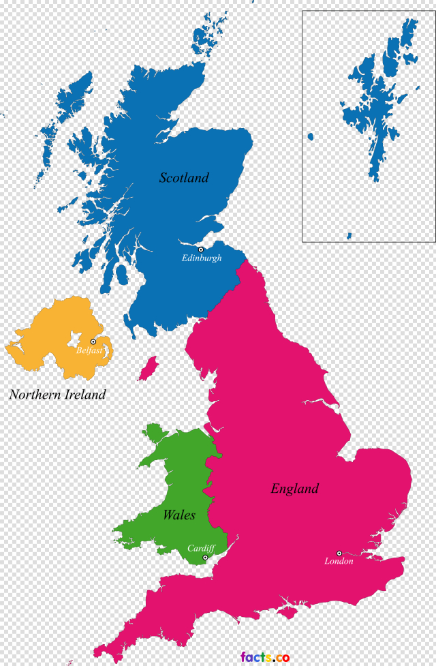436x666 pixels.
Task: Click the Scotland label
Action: tap(184, 178)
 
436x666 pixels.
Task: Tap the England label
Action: tap(294, 489)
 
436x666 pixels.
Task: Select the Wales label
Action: tap(178, 515)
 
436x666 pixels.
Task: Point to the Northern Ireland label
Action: tap(57, 395)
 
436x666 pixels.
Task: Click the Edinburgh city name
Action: tap(202, 258)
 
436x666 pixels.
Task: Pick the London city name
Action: tap(339, 562)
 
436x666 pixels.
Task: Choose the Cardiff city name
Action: tap(201, 548)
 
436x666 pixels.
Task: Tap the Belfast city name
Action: tap(89, 350)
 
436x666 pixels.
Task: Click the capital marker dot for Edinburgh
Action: tap(201, 250)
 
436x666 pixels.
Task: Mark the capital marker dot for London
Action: tap(339, 554)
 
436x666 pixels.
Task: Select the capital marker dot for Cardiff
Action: tap(205, 558)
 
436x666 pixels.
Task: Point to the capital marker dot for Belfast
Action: tap(93, 342)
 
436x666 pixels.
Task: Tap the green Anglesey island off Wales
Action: tap(155, 434)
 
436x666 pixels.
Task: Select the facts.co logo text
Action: tap(265, 657)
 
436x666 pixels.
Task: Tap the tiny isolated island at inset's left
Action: tap(310, 137)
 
